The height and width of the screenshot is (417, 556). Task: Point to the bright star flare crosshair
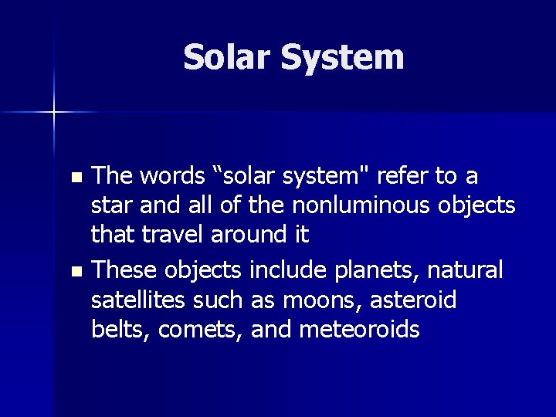[x=54, y=113]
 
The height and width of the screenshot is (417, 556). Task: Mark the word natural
[x=468, y=271]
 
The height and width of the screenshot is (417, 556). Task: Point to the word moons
[x=337, y=300]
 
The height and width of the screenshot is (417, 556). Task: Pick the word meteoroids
[x=359, y=330]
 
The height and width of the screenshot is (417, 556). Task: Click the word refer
[x=405, y=177]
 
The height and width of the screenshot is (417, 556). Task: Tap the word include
[x=283, y=271]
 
